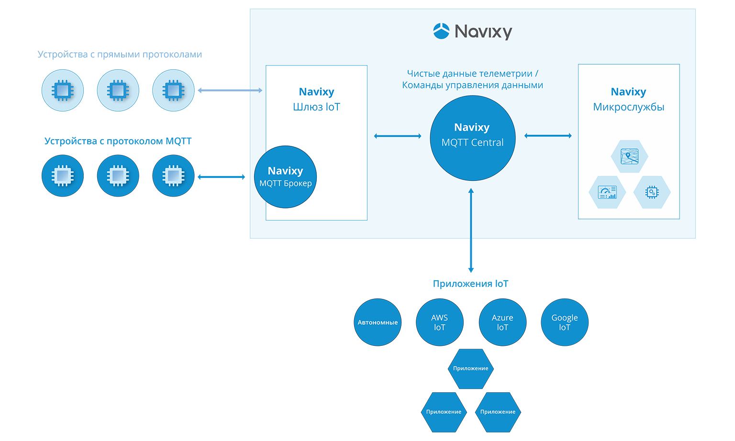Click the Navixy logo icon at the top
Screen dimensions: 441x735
coord(441,31)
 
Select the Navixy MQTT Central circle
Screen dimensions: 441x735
coord(472,138)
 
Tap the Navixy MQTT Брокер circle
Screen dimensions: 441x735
coord(285,176)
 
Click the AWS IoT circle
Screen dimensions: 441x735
coord(440,322)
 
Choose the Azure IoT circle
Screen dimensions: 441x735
coord(502,322)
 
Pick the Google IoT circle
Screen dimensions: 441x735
coord(565,322)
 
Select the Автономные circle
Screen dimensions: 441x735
coord(378,322)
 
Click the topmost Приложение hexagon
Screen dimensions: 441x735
coord(471,368)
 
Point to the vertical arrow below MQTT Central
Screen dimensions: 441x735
coord(471,230)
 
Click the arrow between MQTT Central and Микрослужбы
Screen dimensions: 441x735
coord(548,136)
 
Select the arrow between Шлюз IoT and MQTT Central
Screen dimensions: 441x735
coord(398,136)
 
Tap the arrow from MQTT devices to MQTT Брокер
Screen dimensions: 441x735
coord(222,177)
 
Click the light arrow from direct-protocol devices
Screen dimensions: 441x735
coord(230,90)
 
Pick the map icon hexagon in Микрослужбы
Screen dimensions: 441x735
coord(629,156)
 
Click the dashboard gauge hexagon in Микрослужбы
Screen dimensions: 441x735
coord(607,192)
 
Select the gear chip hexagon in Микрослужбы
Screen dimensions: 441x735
coord(652,192)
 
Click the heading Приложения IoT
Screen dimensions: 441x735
coord(470,284)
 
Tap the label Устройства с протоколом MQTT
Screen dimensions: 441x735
coord(118,141)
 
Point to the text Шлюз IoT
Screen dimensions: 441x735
coord(316,107)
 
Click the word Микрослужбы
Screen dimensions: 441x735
coord(628,107)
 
